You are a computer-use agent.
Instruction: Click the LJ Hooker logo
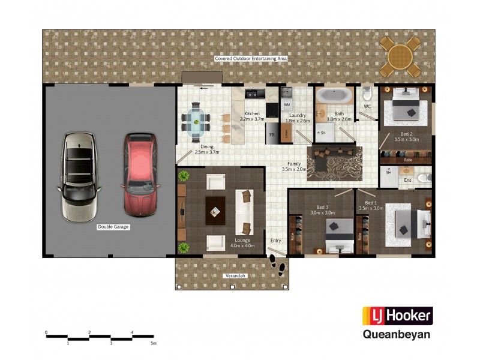pos(397,316)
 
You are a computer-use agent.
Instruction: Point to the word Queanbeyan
pos(397,335)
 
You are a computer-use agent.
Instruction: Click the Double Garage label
pos(113,227)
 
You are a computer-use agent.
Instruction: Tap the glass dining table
pos(196,121)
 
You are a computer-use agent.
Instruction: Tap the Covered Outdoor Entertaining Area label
pos(251,59)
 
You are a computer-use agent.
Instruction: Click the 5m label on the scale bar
pos(154,343)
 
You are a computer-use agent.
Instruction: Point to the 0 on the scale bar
pos(46,332)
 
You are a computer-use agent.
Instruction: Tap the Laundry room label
pos(298,115)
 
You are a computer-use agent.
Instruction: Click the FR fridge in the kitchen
pos(272,135)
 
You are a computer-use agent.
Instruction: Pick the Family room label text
pos(294,164)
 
